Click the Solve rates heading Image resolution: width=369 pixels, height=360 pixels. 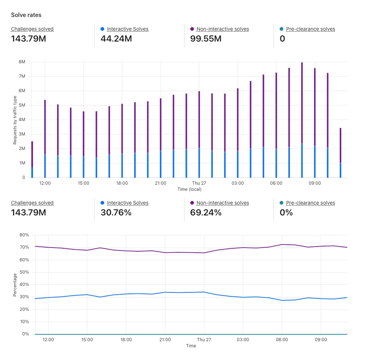26,15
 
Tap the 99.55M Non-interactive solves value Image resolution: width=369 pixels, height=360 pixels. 205,38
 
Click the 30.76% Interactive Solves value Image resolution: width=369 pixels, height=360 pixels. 116,213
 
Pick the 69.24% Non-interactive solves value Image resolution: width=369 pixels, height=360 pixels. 205,213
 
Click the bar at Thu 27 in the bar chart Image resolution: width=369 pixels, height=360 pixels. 199,134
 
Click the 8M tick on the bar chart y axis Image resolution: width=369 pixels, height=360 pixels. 22,62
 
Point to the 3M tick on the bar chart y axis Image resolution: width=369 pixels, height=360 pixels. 22,134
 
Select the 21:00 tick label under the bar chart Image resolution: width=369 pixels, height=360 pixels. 160,183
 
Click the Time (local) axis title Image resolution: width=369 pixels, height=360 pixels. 189,189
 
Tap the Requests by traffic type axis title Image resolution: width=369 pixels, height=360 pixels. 15,120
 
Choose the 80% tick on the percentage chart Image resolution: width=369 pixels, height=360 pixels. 24,235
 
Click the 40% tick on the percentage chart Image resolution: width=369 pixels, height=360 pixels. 24,284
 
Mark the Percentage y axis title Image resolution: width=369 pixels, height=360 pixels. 15,285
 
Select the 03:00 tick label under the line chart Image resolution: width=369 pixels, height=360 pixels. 243,340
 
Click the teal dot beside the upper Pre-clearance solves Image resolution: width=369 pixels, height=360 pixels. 281,29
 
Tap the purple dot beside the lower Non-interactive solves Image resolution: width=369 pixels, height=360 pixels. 192,203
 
